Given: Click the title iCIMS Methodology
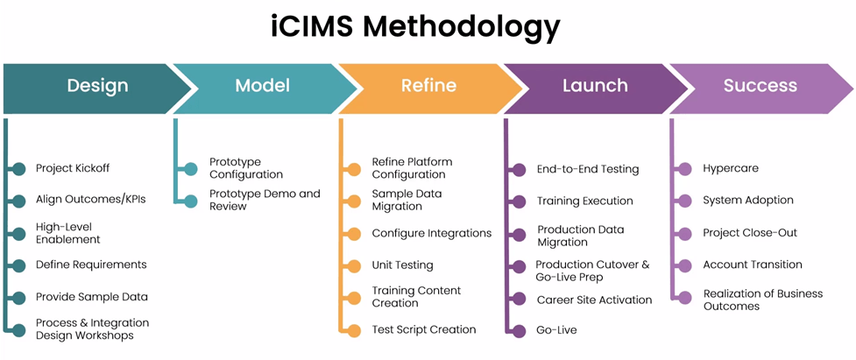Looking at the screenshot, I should [414, 27].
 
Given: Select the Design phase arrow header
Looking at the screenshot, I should [97, 86].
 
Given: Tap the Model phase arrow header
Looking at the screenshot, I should [262, 86].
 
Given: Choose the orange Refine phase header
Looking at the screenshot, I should [428, 86].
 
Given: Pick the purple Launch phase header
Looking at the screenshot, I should [594, 86].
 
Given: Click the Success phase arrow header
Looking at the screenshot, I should [760, 86].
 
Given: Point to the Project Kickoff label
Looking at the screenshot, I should [73, 168].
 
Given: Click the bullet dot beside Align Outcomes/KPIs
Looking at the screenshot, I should [19, 200].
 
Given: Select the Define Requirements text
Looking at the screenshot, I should [91, 265].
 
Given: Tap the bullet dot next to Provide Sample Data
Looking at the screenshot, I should [19, 297].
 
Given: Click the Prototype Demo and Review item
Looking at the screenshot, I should [265, 200].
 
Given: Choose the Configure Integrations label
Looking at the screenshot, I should [431, 233].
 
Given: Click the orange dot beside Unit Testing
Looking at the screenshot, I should [354, 265].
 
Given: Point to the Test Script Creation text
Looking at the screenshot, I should [424, 329].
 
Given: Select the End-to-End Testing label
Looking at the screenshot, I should [588, 169].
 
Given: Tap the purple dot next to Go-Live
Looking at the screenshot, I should [519, 330].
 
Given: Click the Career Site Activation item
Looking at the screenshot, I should [594, 300].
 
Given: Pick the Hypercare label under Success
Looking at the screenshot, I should [731, 168].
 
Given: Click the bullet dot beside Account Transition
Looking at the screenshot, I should [686, 265].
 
